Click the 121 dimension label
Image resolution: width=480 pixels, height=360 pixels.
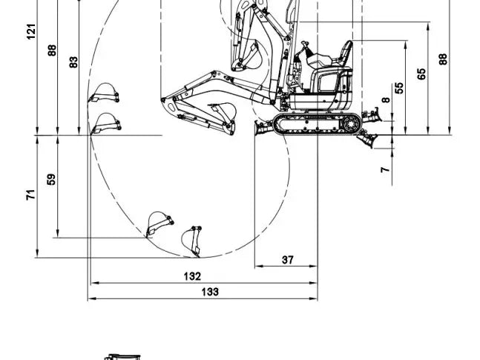click(x=32, y=31)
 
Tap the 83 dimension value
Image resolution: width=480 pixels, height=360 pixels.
click(x=73, y=62)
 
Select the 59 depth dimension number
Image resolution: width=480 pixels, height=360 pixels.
click(x=51, y=180)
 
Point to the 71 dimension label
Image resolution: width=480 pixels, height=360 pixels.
click(x=31, y=195)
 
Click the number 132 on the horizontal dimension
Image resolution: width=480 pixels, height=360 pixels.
click(x=192, y=276)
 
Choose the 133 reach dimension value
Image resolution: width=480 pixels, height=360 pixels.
click(x=210, y=292)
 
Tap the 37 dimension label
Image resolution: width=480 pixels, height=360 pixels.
click(x=288, y=260)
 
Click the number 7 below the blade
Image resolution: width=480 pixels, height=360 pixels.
click(x=384, y=170)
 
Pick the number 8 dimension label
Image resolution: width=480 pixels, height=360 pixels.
click(x=386, y=99)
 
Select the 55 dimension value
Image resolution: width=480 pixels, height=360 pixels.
click(x=400, y=87)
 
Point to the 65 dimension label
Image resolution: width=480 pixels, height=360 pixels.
click(x=421, y=74)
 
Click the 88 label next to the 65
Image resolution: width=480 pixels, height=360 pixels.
click(x=443, y=59)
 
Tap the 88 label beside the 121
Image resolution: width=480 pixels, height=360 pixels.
click(x=53, y=50)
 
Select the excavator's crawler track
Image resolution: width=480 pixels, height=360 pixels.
click(x=315, y=124)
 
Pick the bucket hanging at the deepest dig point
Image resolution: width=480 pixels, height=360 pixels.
click(x=192, y=240)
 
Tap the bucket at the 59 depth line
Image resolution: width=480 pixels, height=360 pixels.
click(x=160, y=223)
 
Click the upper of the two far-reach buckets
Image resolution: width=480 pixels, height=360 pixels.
click(x=105, y=94)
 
